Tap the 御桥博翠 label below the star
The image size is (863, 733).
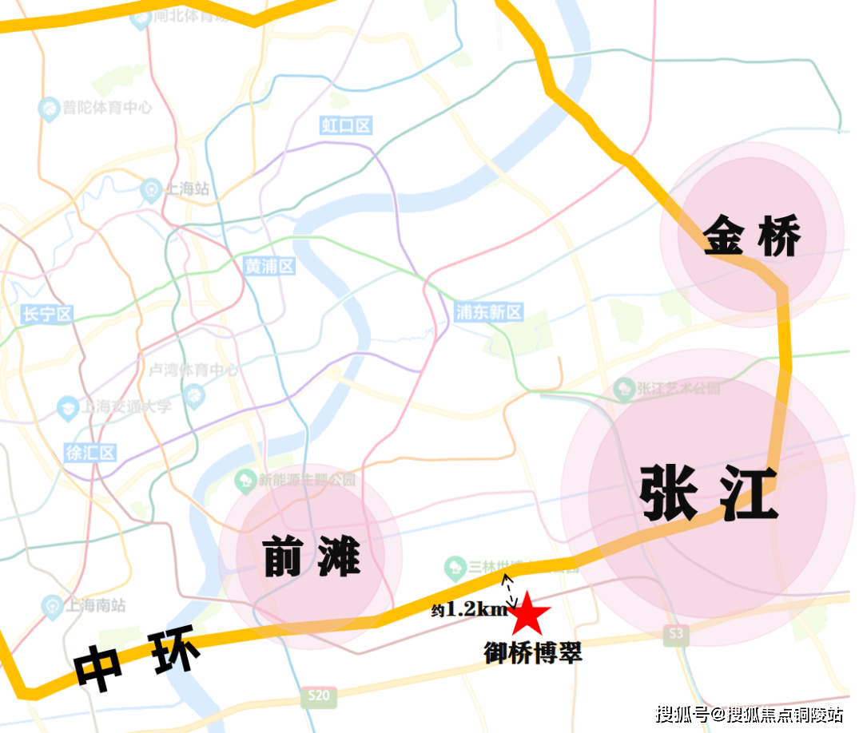point(533,652)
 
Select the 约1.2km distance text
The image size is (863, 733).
point(470,610)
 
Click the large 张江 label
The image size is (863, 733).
point(708,494)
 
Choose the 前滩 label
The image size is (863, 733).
point(312,557)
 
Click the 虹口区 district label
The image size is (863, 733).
point(346,125)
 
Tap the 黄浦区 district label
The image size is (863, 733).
point(269,267)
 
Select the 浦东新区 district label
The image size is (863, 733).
point(488,312)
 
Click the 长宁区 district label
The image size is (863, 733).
point(47,315)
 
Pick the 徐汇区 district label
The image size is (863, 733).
point(90,453)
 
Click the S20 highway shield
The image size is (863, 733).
point(319,696)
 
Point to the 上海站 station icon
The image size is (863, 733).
point(149,190)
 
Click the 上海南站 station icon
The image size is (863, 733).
point(52,605)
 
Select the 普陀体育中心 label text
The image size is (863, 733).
point(107,107)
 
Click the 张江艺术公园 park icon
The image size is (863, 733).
point(624,389)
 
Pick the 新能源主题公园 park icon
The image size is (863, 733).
point(245,481)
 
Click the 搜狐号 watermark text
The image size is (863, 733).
point(682,713)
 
